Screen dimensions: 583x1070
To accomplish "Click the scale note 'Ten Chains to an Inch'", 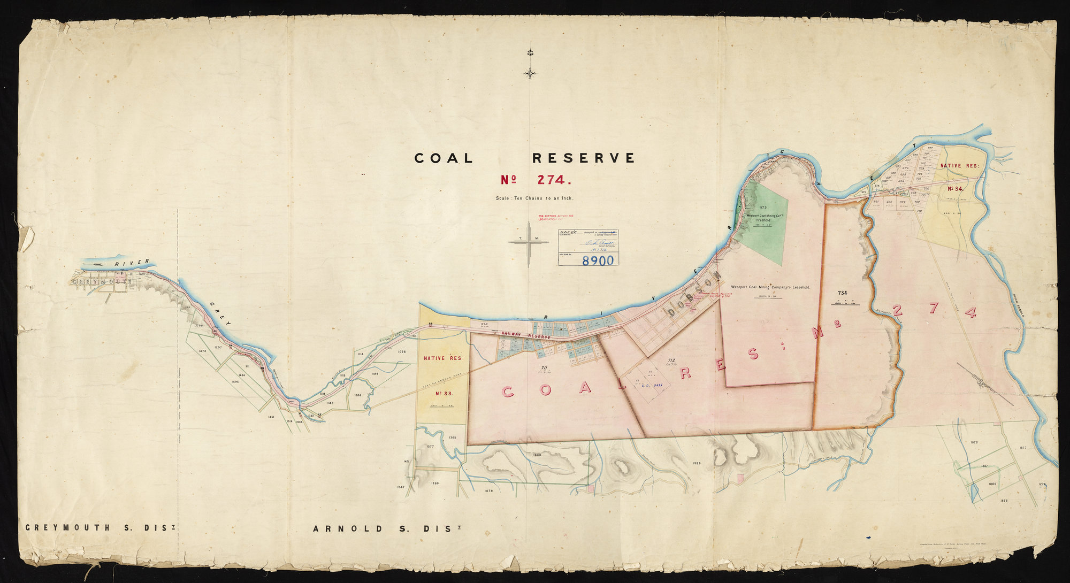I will click(x=534, y=198).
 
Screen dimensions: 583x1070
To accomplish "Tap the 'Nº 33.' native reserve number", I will click(x=444, y=393).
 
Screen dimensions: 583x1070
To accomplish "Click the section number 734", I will click(x=843, y=293).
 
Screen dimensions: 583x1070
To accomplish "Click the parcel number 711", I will click(x=543, y=367).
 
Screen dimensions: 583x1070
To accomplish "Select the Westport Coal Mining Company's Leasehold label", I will click(x=770, y=287).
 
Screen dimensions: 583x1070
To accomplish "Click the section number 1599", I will click(x=697, y=463).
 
